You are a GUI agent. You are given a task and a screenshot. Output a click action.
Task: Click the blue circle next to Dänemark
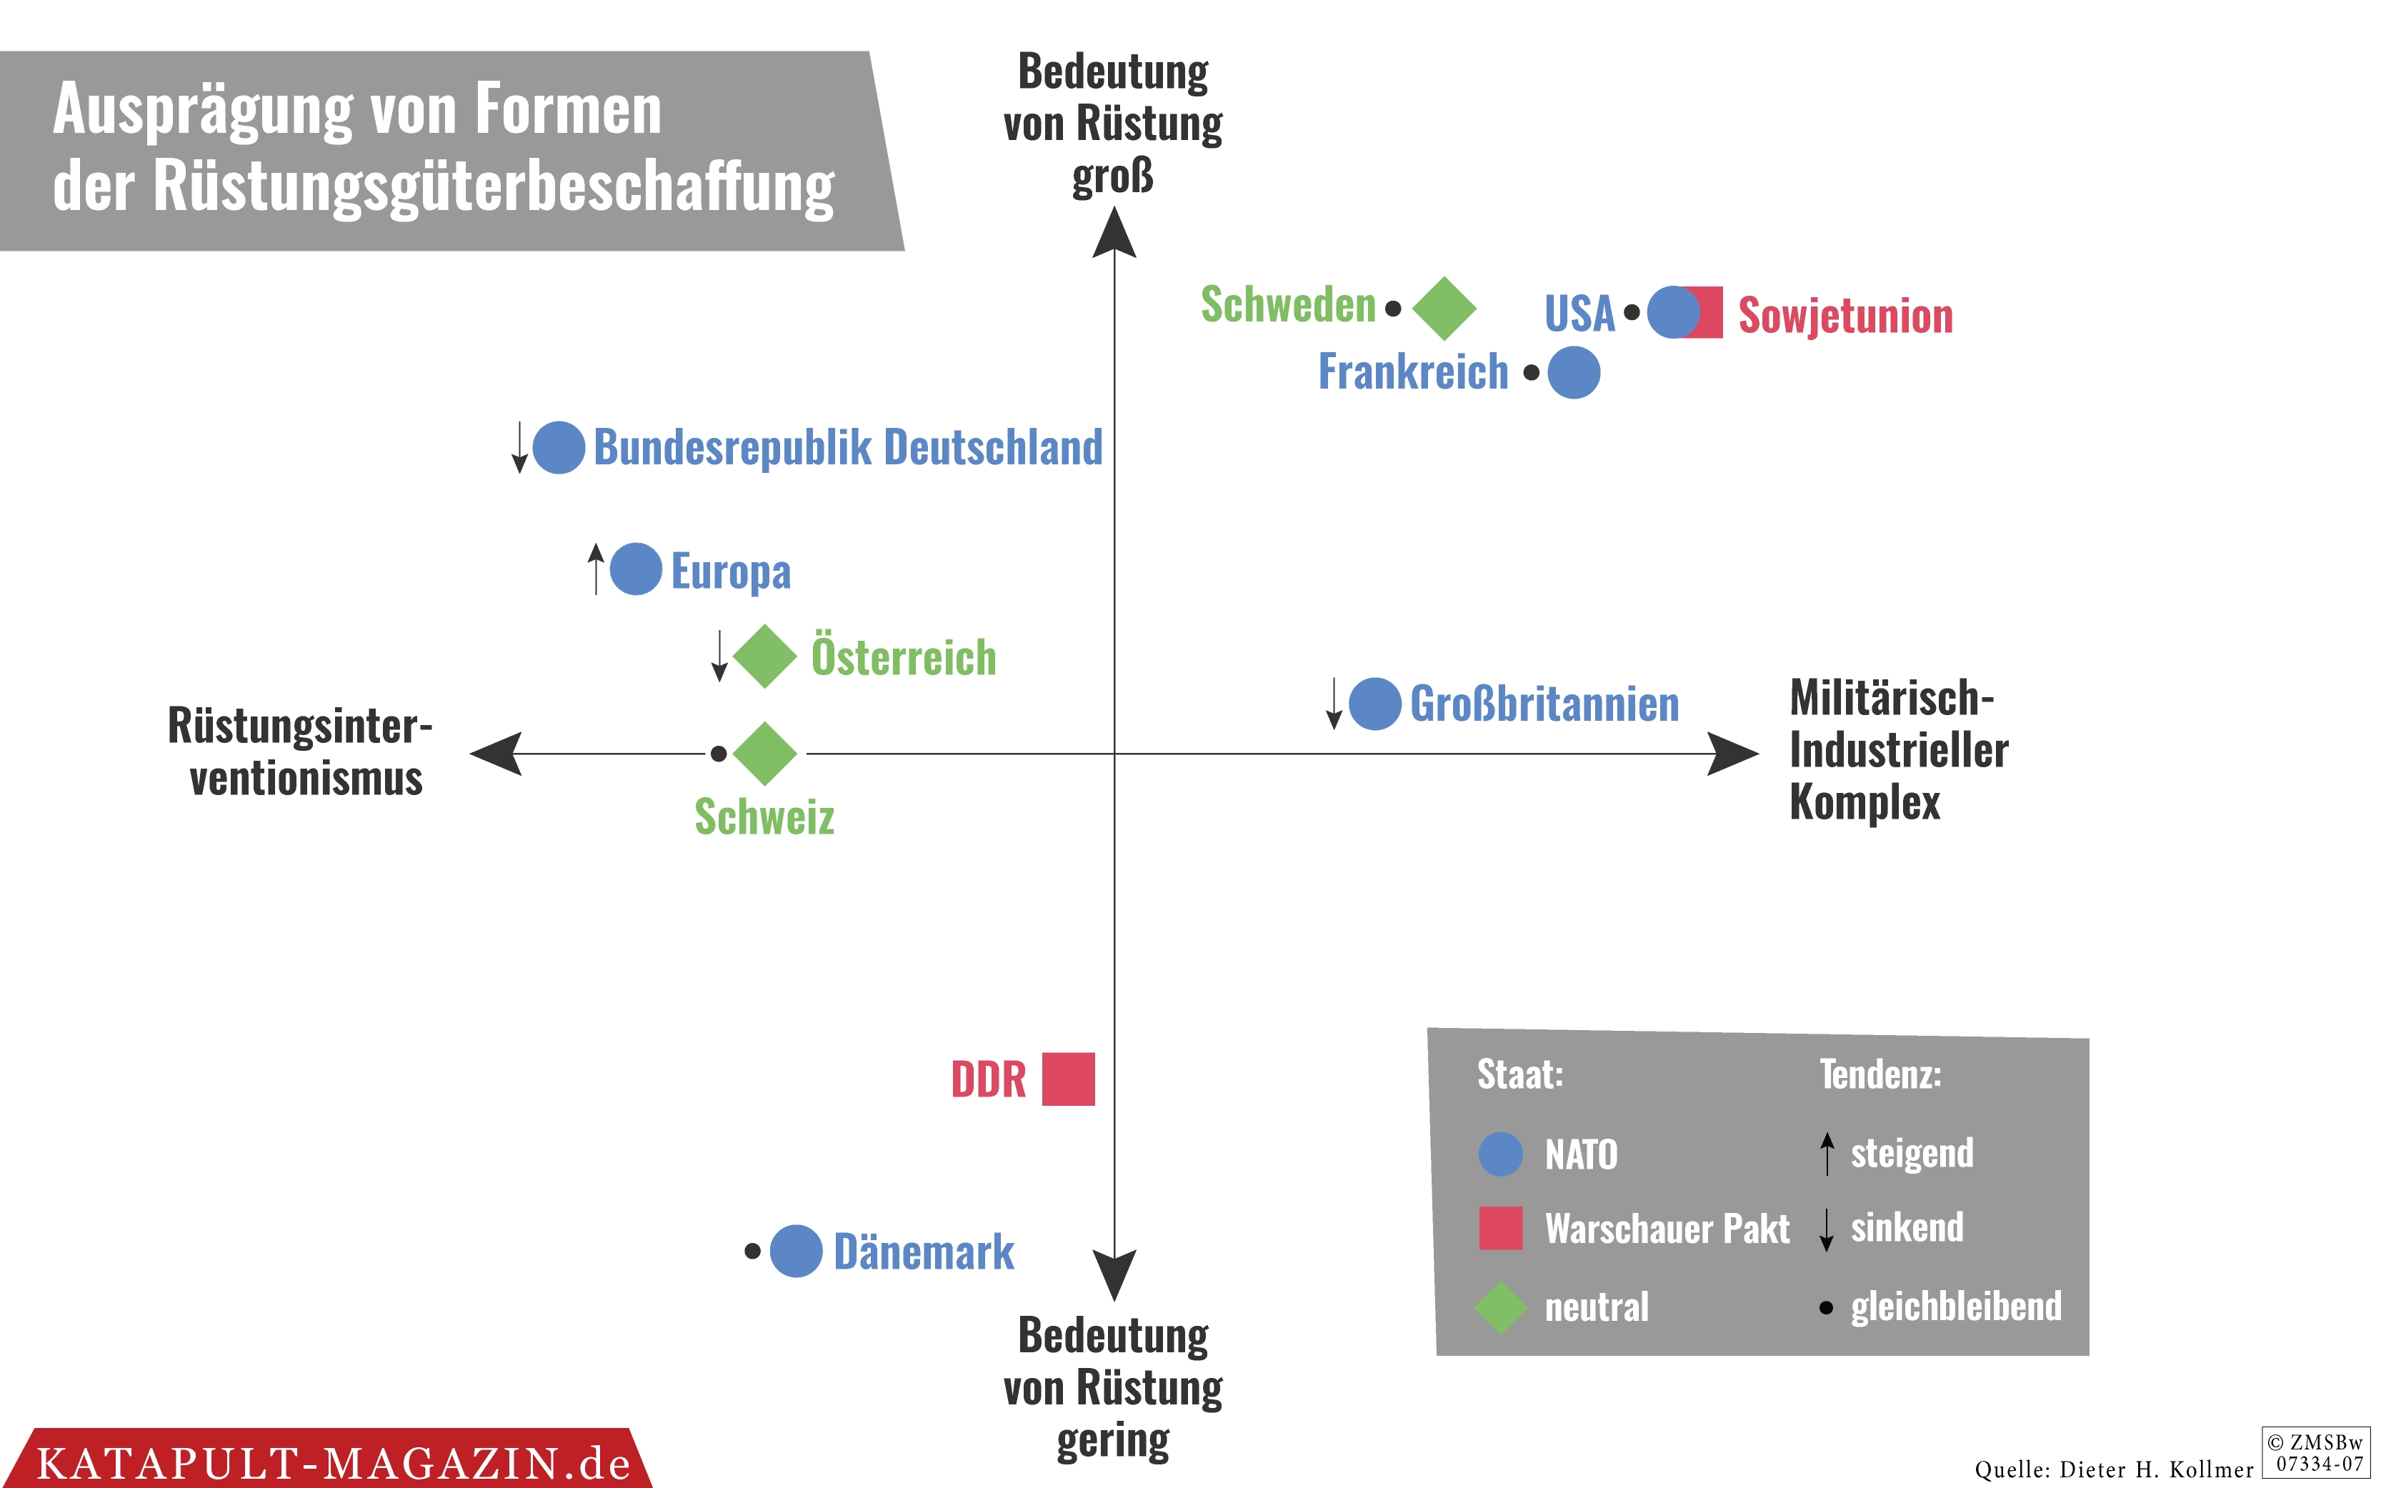(796, 1251)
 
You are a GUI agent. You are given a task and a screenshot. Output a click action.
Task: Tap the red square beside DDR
(1069, 1079)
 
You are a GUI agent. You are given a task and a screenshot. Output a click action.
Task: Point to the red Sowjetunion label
(1845, 316)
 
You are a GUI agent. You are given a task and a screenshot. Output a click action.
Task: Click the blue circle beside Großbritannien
(1374, 704)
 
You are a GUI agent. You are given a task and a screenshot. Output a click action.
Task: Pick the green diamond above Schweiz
(764, 753)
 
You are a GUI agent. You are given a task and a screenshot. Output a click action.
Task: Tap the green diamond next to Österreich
(764, 656)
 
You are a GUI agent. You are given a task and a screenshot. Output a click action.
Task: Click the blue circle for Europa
(636, 569)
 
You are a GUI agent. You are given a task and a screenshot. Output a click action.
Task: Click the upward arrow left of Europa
(595, 568)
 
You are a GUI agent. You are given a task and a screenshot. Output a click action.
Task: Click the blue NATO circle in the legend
(1500, 1154)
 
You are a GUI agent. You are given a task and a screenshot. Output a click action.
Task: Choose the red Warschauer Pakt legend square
(1500, 1227)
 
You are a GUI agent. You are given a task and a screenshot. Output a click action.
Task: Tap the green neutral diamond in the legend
(1500, 1307)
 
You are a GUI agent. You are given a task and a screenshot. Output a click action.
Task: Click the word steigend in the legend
(1911, 1152)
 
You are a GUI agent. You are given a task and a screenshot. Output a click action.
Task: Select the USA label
(1579, 314)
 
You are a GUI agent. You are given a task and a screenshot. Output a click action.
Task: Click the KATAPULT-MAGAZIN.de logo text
(333, 1462)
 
